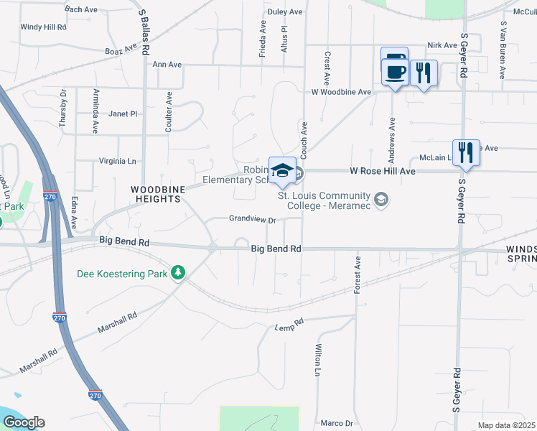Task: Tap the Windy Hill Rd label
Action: pyautogui.click(x=43, y=27)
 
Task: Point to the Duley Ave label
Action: pyautogui.click(x=285, y=12)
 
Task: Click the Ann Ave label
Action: pyautogui.click(x=167, y=64)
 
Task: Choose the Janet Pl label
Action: pyautogui.click(x=123, y=113)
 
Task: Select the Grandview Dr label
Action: pyautogui.click(x=253, y=219)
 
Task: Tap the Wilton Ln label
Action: pyautogui.click(x=317, y=360)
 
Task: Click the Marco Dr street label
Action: pyautogui.click(x=337, y=423)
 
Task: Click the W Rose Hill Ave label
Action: pyautogui.click(x=383, y=172)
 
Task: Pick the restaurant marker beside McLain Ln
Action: pyautogui.click(x=466, y=152)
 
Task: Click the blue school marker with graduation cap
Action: pyautogui.click(x=282, y=170)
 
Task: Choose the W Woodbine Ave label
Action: pyautogui.click(x=341, y=92)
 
